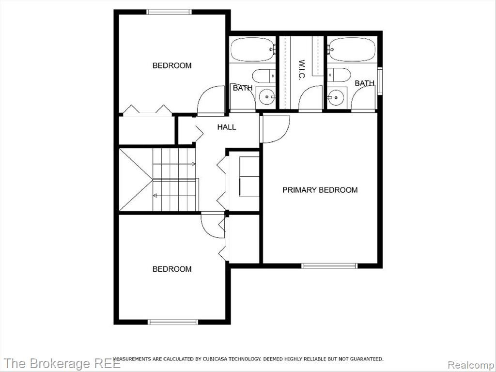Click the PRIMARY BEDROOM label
tap(320, 190)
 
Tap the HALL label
tap(227, 127)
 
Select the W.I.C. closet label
tap(301, 70)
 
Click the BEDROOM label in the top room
tap(172, 65)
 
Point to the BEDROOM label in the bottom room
tap(172, 269)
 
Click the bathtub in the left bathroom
tap(253, 50)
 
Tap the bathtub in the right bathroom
tap(351, 50)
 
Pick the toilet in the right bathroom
tap(339, 75)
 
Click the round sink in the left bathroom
tap(267, 96)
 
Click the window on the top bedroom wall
tap(169, 12)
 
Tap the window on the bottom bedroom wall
tap(173, 322)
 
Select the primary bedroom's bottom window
tap(329, 266)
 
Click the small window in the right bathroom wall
tap(380, 81)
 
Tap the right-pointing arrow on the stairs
tap(174, 164)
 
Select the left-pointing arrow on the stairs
tap(174, 196)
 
